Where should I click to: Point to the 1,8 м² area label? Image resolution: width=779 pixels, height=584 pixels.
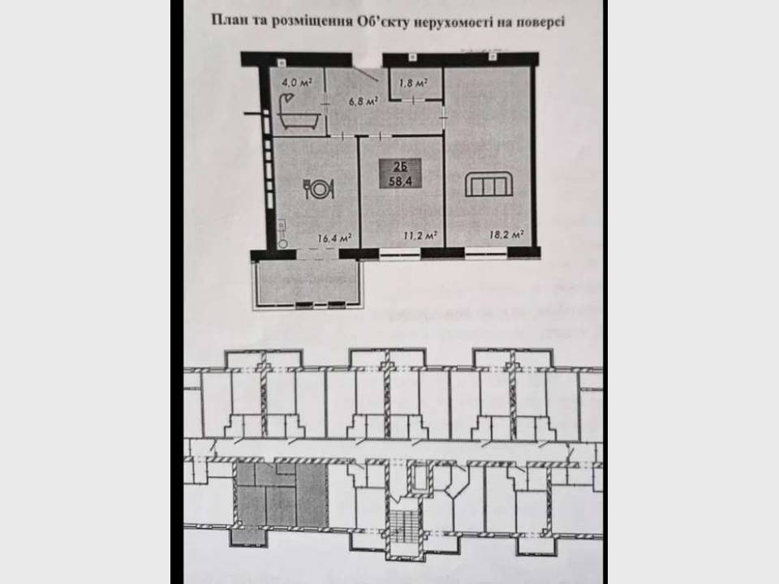click(x=415, y=82)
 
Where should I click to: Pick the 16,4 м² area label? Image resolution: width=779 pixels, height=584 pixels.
click(x=334, y=238)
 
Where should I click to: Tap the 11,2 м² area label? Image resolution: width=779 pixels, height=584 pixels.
click(x=421, y=236)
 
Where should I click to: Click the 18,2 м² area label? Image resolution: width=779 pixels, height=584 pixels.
click(x=506, y=235)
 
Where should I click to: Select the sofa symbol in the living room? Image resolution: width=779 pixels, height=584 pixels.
click(x=488, y=185)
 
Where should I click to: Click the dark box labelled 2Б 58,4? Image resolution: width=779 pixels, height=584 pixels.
click(x=398, y=174)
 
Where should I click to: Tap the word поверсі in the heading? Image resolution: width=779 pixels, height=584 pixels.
click(x=538, y=22)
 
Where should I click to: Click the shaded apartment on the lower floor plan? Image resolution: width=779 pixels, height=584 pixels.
click(x=280, y=496)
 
